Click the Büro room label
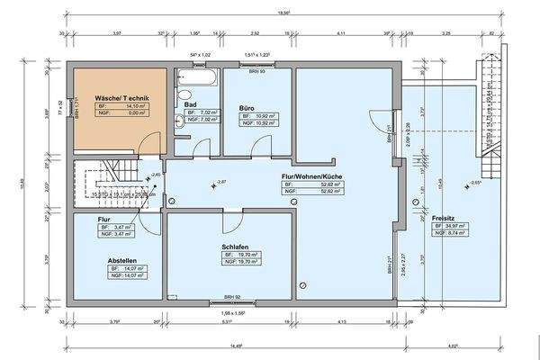(246, 107)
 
